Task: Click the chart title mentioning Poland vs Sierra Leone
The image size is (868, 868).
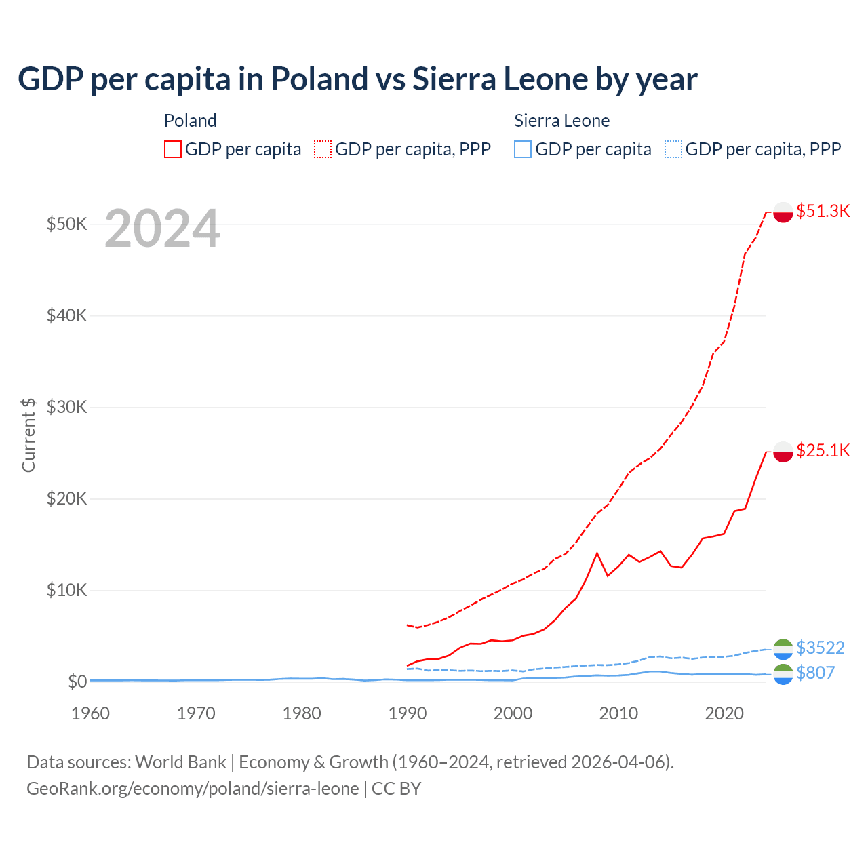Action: [x=357, y=79]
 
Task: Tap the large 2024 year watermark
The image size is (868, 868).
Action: [x=162, y=229]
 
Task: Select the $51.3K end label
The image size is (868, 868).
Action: [x=823, y=211]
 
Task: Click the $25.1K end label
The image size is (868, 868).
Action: [x=823, y=450]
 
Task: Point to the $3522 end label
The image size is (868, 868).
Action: [x=820, y=648]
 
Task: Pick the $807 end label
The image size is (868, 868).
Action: [x=815, y=673]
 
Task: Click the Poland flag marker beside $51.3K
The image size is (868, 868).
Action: [x=783, y=212]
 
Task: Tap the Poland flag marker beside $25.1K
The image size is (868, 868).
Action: [x=783, y=452]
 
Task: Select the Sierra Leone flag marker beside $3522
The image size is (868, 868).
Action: [x=783, y=648]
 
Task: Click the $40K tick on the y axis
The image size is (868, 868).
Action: [x=66, y=315]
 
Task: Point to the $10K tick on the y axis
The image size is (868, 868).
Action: [x=66, y=590]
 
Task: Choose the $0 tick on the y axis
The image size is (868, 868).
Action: [x=77, y=682]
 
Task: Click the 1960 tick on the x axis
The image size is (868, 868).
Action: [x=90, y=713]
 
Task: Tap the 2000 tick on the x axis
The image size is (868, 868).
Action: [x=513, y=713]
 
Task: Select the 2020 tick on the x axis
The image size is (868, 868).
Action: [x=724, y=713]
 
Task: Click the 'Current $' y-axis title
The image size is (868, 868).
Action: [x=28, y=435]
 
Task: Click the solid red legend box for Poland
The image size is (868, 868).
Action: [x=173, y=149]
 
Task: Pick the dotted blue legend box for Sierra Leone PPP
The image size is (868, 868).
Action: [x=673, y=149]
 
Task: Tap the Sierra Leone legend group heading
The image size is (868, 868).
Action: [x=561, y=121]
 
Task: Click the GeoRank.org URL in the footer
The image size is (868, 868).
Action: [x=193, y=789]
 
